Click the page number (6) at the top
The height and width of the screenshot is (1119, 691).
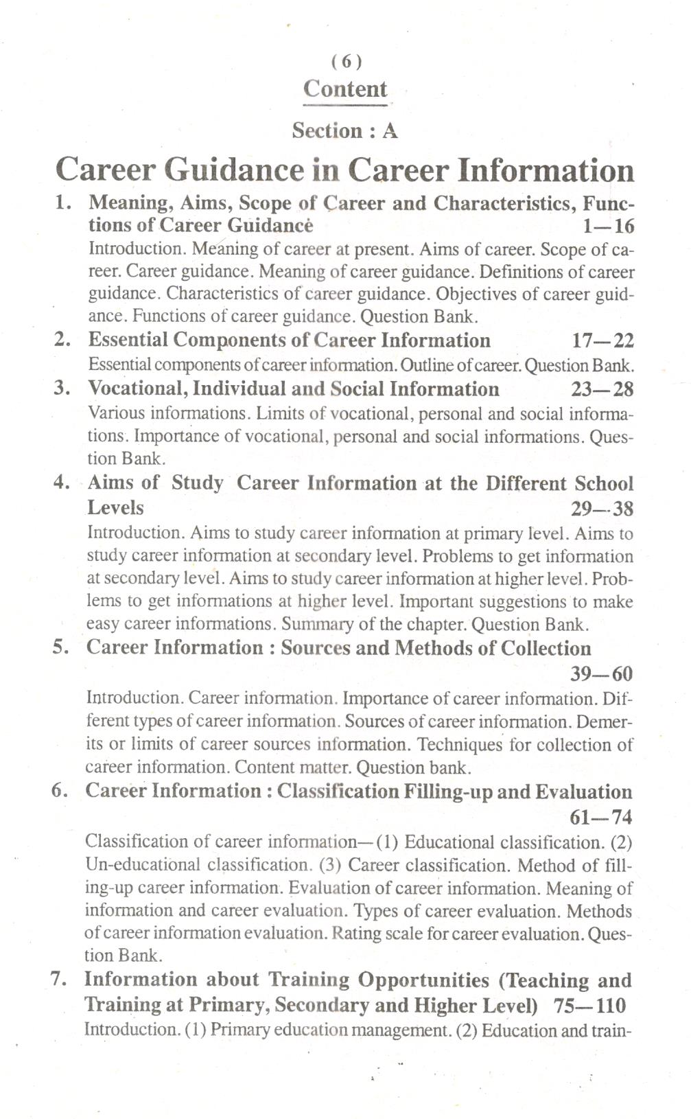point(345,62)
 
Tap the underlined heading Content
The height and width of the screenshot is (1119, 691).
point(345,89)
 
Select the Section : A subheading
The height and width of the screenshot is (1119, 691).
point(344,130)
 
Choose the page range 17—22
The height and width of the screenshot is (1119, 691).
point(602,341)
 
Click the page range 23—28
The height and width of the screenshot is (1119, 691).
point(602,389)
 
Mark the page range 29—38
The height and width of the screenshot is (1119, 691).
point(602,509)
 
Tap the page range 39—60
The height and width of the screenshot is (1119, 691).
point(601,674)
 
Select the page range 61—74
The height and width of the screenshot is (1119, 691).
point(600,817)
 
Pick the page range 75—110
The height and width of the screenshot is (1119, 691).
point(589,1006)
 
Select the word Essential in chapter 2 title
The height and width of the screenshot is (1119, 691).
point(128,341)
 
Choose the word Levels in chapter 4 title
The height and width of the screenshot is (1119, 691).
point(115,508)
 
